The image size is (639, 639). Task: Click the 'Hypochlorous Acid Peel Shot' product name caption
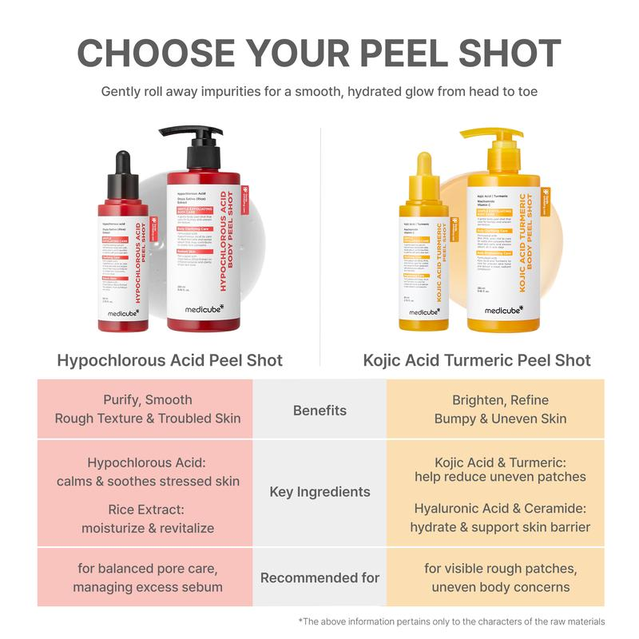click(x=170, y=360)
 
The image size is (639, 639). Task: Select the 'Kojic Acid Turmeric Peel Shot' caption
click(x=478, y=360)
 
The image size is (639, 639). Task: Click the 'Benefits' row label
click(x=319, y=411)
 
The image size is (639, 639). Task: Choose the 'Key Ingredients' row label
click(x=319, y=492)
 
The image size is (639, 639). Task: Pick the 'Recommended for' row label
click(x=319, y=577)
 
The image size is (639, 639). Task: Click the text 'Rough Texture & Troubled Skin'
click(x=148, y=419)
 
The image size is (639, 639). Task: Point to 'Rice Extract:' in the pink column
click(x=148, y=509)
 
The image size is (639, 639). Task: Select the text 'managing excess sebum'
click(x=148, y=588)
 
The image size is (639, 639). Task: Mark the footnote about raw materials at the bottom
click(x=452, y=621)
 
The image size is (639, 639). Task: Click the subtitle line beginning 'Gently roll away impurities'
click(x=319, y=91)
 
